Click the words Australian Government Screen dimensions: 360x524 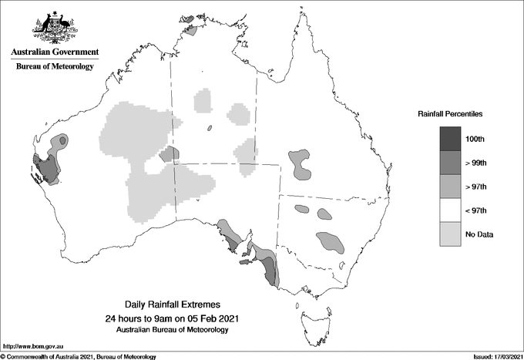54,52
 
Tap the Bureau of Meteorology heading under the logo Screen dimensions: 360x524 54,67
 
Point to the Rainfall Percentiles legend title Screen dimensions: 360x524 450,114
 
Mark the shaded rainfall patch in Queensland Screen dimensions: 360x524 299,163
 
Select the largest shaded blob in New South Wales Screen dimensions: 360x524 331,241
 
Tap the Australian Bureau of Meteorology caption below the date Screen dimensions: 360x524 173,330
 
